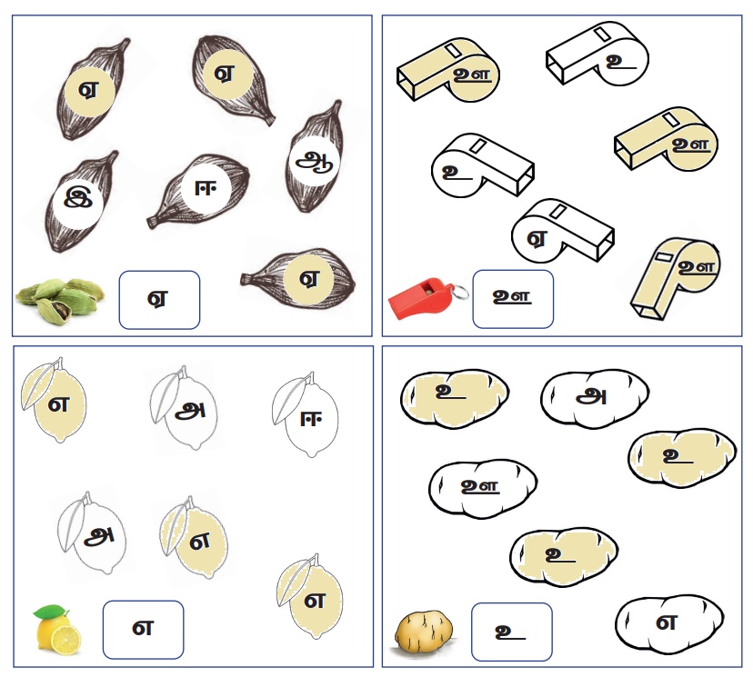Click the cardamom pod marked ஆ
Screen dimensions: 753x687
pyautogui.click(x=315, y=157)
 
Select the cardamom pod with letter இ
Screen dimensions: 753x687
pyautogui.click(x=80, y=202)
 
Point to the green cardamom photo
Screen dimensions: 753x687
pyautogui.click(x=59, y=300)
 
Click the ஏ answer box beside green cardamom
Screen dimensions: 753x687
pyautogui.click(x=159, y=300)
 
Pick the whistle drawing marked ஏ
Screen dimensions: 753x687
pyautogui.click(x=562, y=230)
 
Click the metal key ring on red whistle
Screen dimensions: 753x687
pyautogui.click(x=460, y=292)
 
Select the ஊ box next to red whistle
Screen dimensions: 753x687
pyautogui.click(x=513, y=299)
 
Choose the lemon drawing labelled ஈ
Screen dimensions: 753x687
pyautogui.click(x=306, y=415)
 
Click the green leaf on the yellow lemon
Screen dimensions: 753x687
pyautogui.click(x=50, y=612)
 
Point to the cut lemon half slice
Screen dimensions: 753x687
pyautogui.click(x=66, y=640)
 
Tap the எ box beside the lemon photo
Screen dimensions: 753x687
pyautogui.click(x=143, y=630)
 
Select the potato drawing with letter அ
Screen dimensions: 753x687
pyautogui.click(x=595, y=398)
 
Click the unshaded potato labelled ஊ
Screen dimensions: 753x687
pyautogui.click(x=483, y=489)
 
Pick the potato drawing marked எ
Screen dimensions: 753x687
pyautogui.click(x=669, y=624)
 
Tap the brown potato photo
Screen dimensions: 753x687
pyautogui.click(x=423, y=632)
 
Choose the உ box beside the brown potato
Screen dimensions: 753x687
pyautogui.click(x=511, y=632)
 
